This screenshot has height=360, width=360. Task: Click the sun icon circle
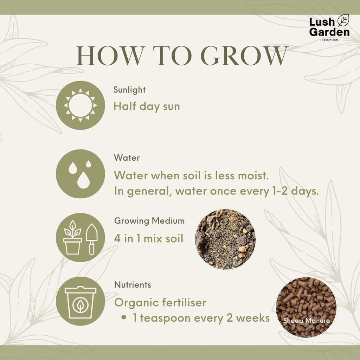(81, 105)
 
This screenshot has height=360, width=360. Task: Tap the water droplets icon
(81, 174)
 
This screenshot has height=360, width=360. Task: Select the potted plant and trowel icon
(81, 237)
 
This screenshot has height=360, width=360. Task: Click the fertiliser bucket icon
(81, 301)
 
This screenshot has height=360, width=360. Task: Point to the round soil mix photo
(225, 239)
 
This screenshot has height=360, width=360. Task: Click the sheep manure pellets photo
(306, 307)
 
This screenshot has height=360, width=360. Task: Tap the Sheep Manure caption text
(306, 321)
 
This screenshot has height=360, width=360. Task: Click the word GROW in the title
(244, 56)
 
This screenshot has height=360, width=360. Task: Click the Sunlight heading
(129, 90)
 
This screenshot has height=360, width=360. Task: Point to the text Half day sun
(147, 107)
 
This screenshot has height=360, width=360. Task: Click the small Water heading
(127, 158)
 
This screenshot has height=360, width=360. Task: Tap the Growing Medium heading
(149, 221)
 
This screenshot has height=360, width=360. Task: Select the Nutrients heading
(133, 285)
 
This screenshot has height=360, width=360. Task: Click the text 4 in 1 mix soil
(149, 239)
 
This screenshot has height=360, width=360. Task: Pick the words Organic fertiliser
(160, 302)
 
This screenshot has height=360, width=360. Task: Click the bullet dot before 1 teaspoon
(124, 317)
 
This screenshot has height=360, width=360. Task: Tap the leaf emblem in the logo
(343, 20)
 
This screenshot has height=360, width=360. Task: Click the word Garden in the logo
(329, 32)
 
